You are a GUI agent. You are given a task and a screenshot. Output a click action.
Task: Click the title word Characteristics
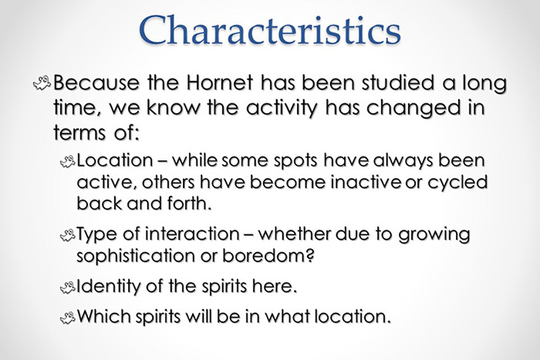click(x=270, y=32)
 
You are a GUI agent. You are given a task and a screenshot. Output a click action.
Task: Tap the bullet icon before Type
click(x=68, y=235)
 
